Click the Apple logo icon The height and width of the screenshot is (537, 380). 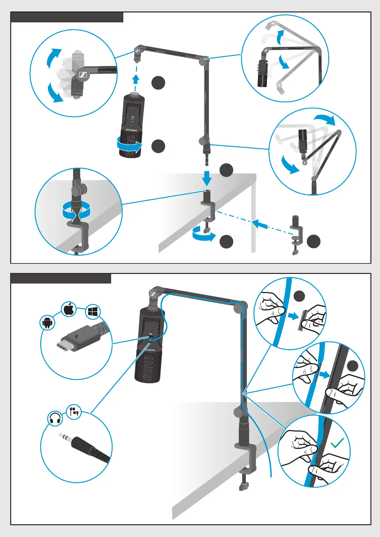tap(69, 309)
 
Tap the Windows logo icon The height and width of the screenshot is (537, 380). tap(93, 313)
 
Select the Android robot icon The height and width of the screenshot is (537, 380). tap(48, 323)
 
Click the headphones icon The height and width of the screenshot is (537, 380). tap(55, 419)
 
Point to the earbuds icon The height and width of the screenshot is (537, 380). tap(74, 411)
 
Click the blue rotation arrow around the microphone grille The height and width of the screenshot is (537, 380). tap(129, 145)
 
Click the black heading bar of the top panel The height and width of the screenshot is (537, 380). tap(67, 17)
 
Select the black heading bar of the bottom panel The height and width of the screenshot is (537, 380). tap(61, 278)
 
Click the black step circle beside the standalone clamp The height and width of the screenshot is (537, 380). tap(313, 241)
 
